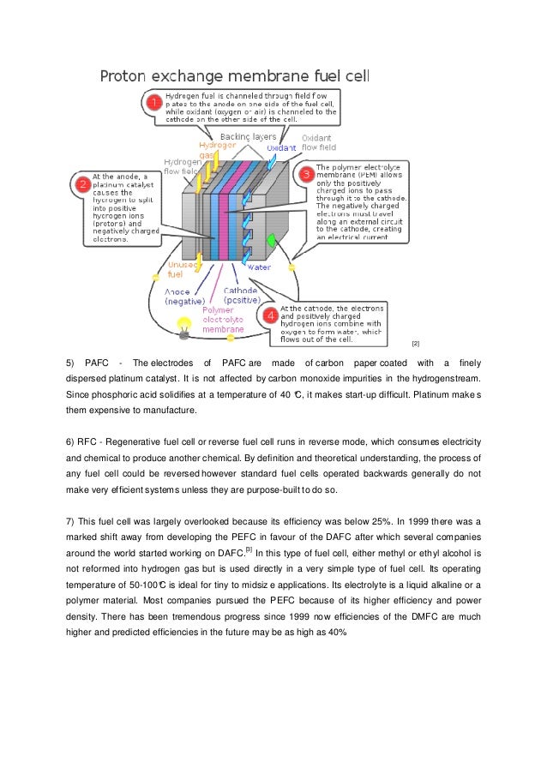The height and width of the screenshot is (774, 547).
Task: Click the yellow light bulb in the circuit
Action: pyautogui.click(x=183, y=324)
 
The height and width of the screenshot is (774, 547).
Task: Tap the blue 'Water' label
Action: pyautogui.click(x=259, y=267)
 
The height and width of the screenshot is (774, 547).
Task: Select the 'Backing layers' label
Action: pyautogui.click(x=248, y=136)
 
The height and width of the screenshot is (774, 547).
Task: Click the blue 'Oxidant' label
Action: pyautogui.click(x=281, y=147)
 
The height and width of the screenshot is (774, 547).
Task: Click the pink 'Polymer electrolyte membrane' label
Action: pyautogui.click(x=223, y=319)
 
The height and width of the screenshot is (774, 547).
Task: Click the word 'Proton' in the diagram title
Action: pyautogui.click(x=128, y=76)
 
